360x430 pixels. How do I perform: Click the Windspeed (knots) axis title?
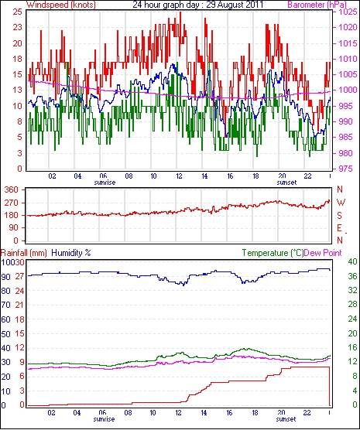coord(61,5)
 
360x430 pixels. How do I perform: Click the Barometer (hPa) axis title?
coord(317,5)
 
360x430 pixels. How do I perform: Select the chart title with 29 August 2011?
coord(197,5)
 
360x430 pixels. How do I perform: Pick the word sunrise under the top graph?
coord(105,183)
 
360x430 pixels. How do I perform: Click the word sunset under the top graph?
coord(286,183)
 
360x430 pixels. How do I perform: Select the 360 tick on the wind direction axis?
coord(12,189)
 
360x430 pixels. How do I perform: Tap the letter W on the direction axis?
coord(341,203)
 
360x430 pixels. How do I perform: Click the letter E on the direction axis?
coord(340,228)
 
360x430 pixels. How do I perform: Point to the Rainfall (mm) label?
coord(24,253)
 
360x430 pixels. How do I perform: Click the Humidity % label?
coord(71,253)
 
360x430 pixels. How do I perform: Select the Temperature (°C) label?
coord(273,253)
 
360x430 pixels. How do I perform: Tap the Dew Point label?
coord(323,253)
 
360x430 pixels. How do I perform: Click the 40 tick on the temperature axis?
coord(352,261)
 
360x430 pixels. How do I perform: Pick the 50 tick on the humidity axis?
coord(5,334)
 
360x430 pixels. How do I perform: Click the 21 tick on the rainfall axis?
coord(19,305)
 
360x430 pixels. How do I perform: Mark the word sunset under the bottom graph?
coord(286,419)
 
